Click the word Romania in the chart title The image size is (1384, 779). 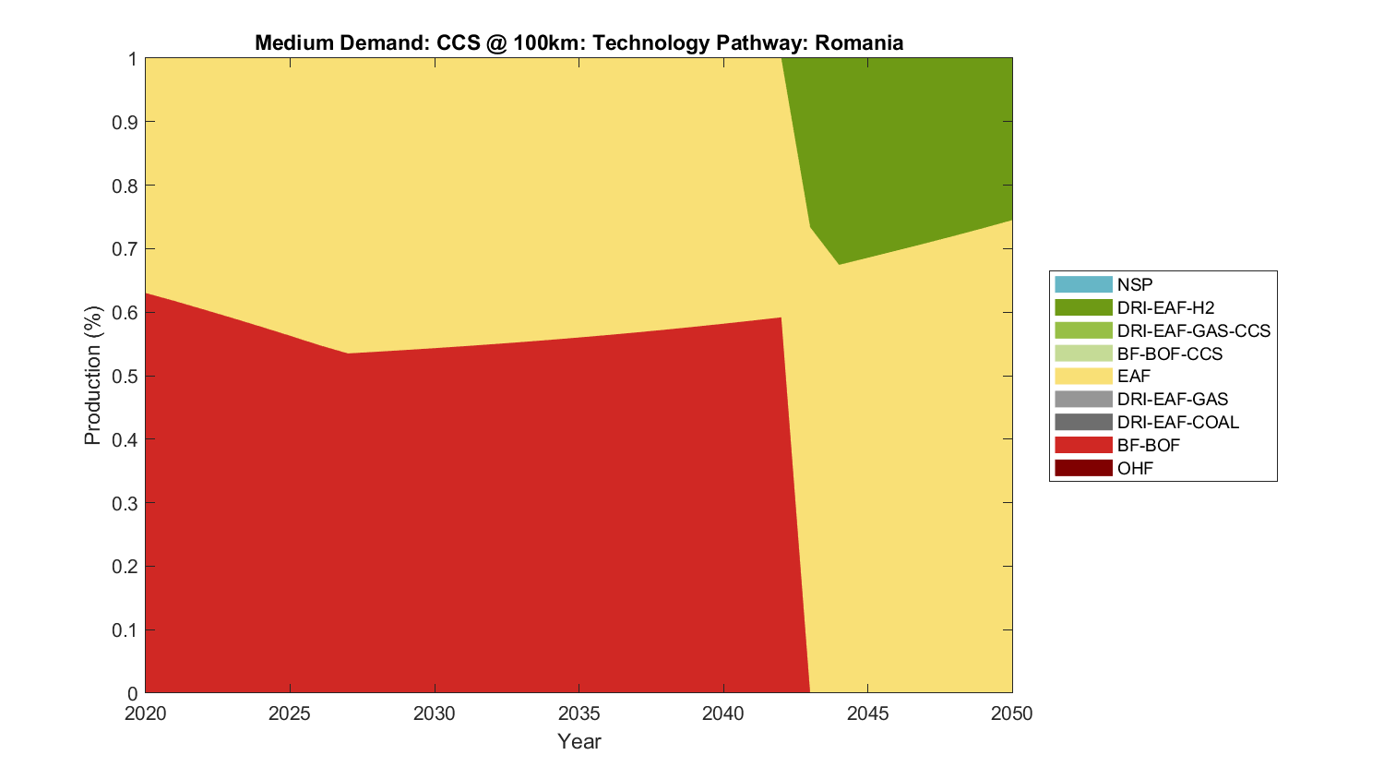coord(858,43)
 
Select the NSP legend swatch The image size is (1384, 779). coord(1083,285)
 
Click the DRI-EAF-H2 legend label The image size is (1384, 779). coord(1165,308)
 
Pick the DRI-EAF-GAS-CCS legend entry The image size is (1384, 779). coord(1193,330)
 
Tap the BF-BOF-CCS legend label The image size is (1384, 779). coord(1169,354)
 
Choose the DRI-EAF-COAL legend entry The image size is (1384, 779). coord(1177,423)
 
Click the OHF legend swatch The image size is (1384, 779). coord(1083,468)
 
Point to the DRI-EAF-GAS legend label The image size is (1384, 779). coord(1172,400)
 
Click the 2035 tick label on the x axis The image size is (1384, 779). coord(579,713)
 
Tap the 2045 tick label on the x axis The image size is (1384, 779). coord(867,713)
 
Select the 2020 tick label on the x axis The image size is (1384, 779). coord(146,713)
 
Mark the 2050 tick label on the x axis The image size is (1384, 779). coord(1012,713)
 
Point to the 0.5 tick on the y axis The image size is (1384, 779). coord(125,377)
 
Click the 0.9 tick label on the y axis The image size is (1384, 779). coord(125,123)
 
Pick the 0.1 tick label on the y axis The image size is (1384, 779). coord(125,630)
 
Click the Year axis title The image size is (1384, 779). coord(579,741)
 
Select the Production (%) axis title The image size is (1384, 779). coord(93,376)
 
